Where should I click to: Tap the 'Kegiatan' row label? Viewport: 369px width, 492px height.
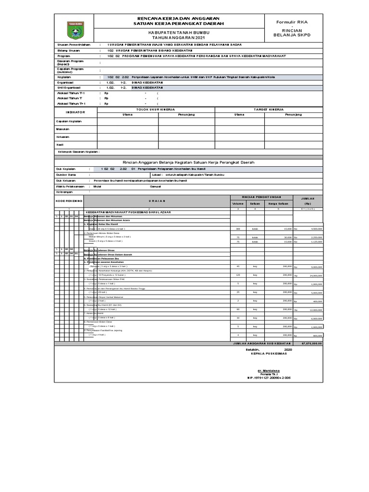point(64,76)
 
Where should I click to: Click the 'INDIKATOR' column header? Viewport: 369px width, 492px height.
point(75,111)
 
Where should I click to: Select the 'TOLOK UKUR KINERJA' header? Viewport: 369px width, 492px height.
point(156,109)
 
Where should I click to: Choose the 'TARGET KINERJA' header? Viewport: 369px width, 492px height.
point(265,109)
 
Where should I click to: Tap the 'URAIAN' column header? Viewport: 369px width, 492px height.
point(149,200)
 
